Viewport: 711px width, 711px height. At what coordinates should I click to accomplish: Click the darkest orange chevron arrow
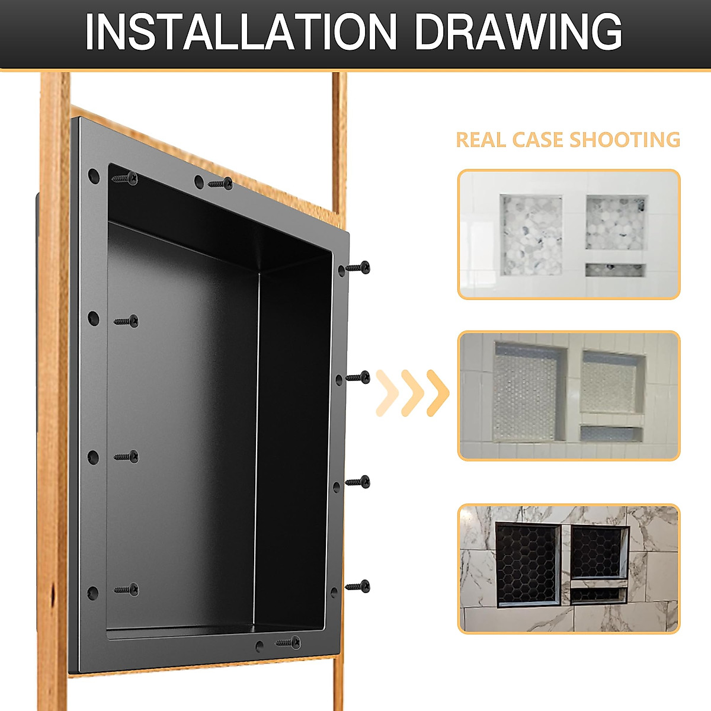[x=438, y=393]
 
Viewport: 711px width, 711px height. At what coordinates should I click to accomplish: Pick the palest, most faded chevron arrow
[x=386, y=393]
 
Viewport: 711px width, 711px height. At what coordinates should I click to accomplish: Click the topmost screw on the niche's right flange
[x=358, y=267]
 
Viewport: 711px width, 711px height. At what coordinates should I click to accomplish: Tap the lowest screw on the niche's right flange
[x=358, y=587]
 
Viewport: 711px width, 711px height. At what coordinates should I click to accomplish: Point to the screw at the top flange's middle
[x=220, y=184]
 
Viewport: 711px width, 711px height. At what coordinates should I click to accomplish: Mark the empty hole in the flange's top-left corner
[x=94, y=175]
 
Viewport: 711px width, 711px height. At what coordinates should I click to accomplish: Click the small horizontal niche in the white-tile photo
[x=615, y=270]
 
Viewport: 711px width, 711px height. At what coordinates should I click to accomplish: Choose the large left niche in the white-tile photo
[x=531, y=235]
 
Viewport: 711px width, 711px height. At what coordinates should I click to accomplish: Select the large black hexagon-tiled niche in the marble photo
[x=528, y=565]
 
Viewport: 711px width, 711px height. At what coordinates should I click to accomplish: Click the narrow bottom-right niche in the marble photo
[x=598, y=594]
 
